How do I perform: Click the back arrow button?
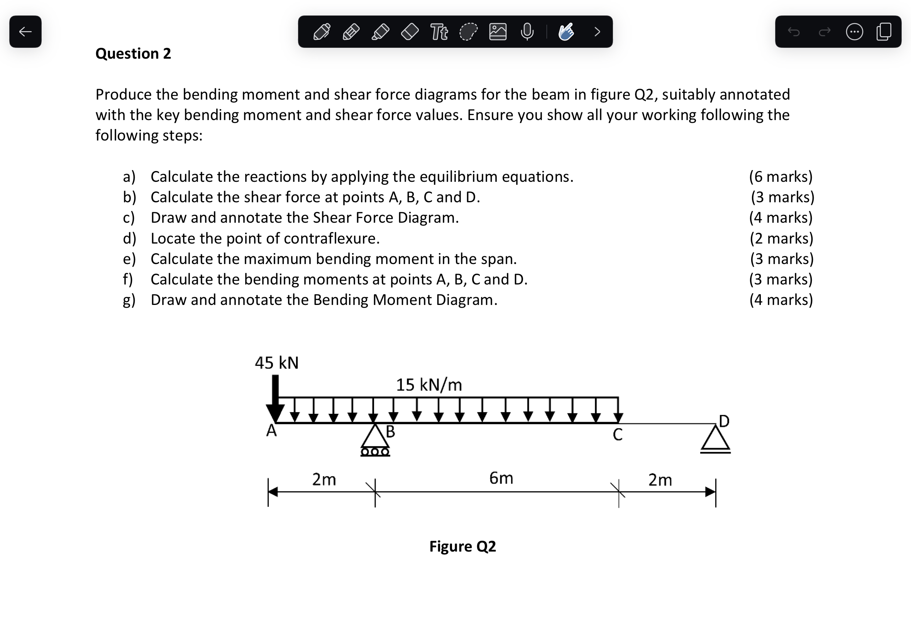click(25, 32)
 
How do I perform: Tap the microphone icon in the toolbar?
click(527, 32)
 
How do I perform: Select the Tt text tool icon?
click(439, 32)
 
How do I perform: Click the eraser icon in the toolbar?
click(410, 32)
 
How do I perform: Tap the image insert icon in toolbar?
click(497, 32)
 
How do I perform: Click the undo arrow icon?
click(794, 32)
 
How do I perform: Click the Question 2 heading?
click(133, 54)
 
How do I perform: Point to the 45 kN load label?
click(276, 362)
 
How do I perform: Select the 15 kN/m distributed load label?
click(429, 385)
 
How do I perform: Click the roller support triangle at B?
click(375, 437)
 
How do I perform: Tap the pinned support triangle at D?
click(715, 439)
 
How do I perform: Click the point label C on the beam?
click(618, 435)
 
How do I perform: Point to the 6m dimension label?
click(501, 478)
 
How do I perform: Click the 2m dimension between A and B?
click(323, 479)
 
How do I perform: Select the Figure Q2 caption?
click(462, 546)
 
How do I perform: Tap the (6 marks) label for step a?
click(781, 176)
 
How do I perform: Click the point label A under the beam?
click(271, 430)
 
